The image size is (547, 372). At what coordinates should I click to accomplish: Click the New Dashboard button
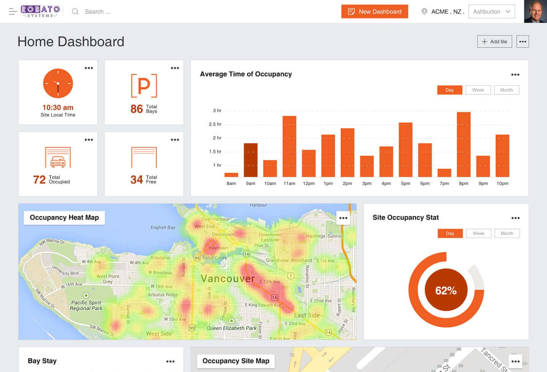(x=375, y=11)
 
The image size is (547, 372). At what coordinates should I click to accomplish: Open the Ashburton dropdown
(x=492, y=11)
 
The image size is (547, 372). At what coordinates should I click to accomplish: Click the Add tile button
(x=495, y=41)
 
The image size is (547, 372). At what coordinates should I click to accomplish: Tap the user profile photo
(x=535, y=11)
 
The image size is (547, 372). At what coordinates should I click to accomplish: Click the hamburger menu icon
(x=13, y=11)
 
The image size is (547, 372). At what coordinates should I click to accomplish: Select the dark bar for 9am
(x=250, y=160)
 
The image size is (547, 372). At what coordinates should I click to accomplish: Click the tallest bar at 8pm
(x=463, y=144)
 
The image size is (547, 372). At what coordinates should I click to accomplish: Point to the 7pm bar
(x=444, y=173)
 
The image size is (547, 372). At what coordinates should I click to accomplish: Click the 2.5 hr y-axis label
(x=215, y=124)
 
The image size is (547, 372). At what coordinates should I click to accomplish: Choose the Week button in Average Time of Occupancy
(x=478, y=90)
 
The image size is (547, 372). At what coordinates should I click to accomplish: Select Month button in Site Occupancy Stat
(x=507, y=233)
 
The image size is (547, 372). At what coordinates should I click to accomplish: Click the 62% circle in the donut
(x=446, y=290)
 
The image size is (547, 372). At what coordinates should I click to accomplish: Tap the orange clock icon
(x=58, y=84)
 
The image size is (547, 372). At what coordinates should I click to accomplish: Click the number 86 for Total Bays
(x=136, y=109)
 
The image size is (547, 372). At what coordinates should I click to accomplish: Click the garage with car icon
(x=58, y=157)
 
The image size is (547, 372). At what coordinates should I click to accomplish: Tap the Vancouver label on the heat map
(x=228, y=279)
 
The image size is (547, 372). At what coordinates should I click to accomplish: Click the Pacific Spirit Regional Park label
(x=86, y=306)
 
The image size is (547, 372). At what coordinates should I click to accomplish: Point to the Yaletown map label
(x=218, y=248)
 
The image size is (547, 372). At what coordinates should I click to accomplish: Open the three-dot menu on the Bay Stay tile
(x=170, y=361)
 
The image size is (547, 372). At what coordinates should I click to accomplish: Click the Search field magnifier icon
(x=75, y=11)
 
